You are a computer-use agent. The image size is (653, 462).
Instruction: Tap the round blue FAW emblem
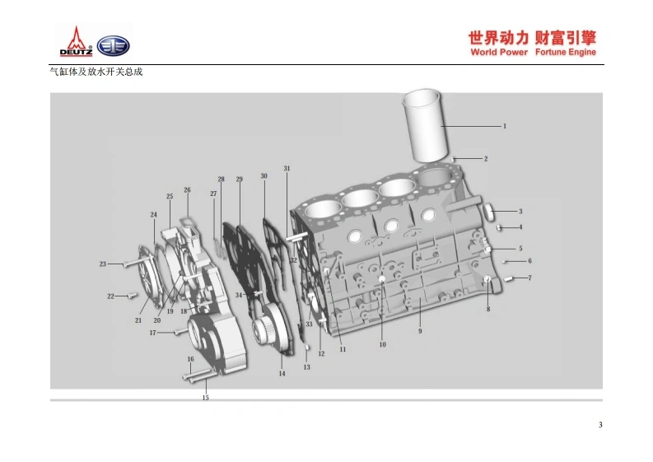coord(113,46)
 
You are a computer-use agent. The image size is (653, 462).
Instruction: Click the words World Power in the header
coord(499,52)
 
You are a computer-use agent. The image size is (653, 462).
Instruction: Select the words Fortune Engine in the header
coord(565,52)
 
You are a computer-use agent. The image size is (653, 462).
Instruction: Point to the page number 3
coord(600,425)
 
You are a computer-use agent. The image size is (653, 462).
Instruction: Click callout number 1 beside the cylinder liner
coord(505,126)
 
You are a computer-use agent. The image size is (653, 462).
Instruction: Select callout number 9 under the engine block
coord(419,331)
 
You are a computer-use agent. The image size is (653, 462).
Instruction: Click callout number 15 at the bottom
coord(206,398)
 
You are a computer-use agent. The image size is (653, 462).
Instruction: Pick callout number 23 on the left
coord(103,264)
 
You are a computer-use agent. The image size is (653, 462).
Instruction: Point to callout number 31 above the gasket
coord(287,169)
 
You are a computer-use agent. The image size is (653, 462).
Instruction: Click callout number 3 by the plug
coord(520,212)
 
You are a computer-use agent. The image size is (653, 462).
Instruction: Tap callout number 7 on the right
coord(529,278)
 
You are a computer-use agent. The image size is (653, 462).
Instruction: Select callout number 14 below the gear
coord(282,374)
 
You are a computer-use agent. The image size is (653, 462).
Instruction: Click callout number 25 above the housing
coord(170,196)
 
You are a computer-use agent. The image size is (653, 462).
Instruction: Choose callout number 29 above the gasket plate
coord(239,179)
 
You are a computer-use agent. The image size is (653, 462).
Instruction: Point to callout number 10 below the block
coord(382,344)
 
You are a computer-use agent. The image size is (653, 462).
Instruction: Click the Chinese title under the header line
coord(97,72)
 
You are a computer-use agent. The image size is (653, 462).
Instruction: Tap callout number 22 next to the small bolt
coord(110,296)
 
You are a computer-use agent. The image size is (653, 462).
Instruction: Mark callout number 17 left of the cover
coord(152,333)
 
